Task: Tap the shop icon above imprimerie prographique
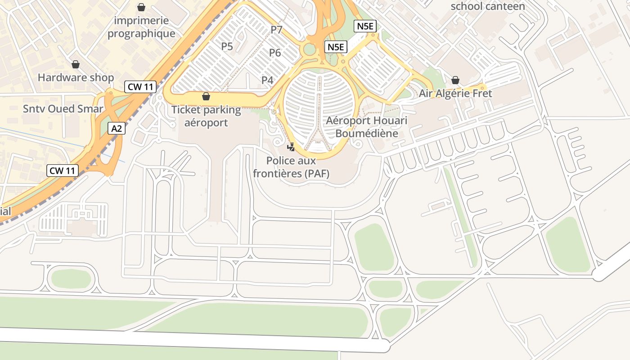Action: (x=141, y=7)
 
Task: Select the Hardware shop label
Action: (x=76, y=77)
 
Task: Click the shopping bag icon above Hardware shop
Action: (x=76, y=64)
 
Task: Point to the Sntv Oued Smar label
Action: (x=63, y=109)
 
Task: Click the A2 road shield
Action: (x=117, y=129)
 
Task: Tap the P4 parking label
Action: (x=267, y=80)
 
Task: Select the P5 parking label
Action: (x=227, y=46)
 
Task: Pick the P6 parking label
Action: (x=275, y=53)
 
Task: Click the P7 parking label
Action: (x=276, y=30)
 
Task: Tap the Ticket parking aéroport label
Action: (x=206, y=116)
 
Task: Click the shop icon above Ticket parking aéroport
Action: (x=206, y=96)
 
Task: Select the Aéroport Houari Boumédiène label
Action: (x=366, y=127)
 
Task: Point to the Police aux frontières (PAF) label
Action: (x=291, y=167)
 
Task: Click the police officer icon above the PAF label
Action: (x=291, y=146)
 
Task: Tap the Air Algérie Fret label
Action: (x=455, y=94)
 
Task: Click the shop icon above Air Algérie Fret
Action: (x=455, y=80)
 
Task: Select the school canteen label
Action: (x=487, y=6)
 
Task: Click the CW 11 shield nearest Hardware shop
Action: (x=140, y=87)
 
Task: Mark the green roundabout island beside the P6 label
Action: (x=310, y=49)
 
